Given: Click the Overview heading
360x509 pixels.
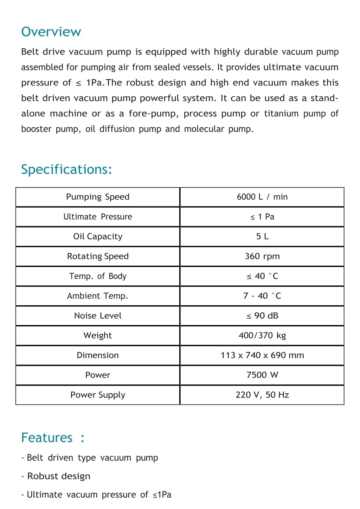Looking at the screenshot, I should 51,32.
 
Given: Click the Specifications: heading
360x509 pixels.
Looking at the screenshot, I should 66,170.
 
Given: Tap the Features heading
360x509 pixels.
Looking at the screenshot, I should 53,438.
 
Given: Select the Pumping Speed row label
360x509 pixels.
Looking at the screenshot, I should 98,197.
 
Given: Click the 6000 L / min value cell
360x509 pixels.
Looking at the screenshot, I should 262,197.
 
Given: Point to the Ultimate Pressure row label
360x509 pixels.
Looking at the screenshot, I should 98,217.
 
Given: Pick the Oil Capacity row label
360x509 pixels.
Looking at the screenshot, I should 98,236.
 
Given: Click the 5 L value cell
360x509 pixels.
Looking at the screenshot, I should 262,236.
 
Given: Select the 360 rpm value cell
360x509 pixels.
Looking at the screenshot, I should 262,256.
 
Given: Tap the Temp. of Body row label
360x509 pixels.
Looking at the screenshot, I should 98,276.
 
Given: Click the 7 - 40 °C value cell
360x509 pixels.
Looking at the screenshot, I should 262,296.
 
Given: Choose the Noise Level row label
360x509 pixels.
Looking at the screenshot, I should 98,316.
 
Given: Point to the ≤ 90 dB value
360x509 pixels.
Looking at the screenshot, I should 262,316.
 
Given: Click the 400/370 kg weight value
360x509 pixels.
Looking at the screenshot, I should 262,336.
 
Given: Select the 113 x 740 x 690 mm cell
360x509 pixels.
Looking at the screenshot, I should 262,355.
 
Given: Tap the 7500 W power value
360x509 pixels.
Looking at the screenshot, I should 262,375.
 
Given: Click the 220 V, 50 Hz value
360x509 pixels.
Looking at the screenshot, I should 262,395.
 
